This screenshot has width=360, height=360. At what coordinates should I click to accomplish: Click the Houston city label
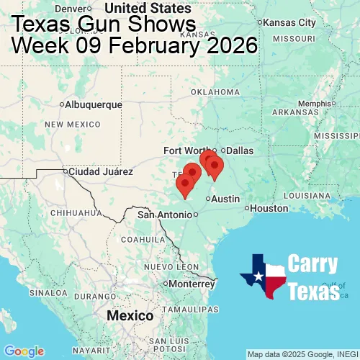tap(270, 208)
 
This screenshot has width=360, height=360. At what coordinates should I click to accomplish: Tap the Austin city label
tap(226, 199)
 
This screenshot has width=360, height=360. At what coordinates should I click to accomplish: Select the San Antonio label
tap(166, 215)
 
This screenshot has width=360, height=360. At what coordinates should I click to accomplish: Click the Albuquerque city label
tap(94, 104)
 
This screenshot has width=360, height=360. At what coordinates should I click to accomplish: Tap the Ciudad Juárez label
tap(100, 172)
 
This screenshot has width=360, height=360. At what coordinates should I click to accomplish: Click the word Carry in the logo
tap(313, 264)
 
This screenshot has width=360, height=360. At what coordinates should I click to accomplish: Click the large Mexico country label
tap(130, 316)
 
